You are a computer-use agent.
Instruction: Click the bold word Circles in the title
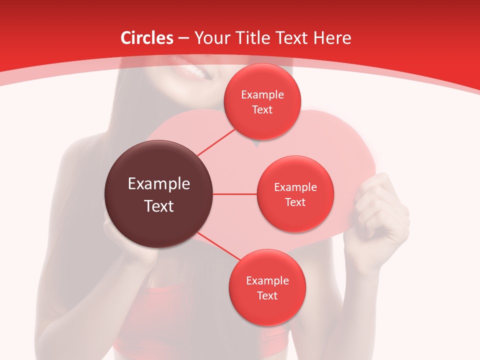point(146,38)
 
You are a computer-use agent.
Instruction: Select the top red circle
point(262,102)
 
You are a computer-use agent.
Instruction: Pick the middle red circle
point(295,194)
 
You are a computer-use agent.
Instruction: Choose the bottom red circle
point(267,287)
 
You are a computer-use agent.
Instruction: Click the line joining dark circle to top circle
point(216,142)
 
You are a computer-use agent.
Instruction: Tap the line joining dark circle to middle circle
point(235,194)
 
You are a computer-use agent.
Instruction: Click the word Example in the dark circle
point(159,184)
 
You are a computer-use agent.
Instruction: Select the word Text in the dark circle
point(159,206)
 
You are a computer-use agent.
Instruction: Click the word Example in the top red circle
point(262,95)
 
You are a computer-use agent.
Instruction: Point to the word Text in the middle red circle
point(295,202)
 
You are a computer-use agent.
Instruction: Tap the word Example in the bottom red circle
point(267,280)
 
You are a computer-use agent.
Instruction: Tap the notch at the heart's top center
point(256,144)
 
